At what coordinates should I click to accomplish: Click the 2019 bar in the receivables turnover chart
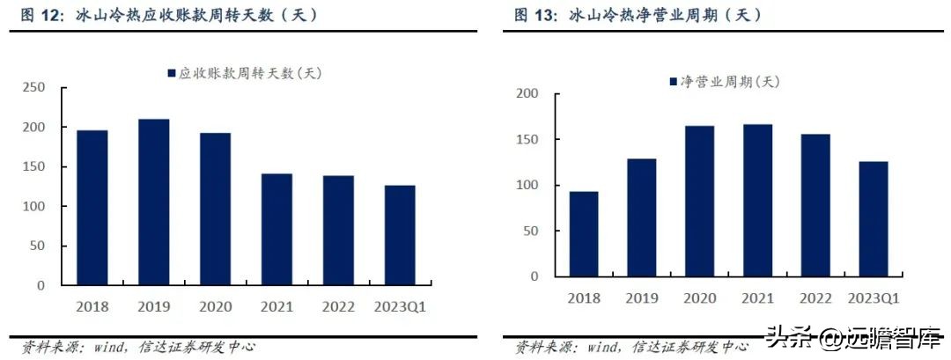coord(153,202)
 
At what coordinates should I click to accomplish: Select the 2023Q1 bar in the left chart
coord(399,235)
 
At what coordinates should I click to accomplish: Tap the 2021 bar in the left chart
coord(276,230)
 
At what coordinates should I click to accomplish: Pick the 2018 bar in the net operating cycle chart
coord(584,234)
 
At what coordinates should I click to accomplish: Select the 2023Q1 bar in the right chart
coord(874,219)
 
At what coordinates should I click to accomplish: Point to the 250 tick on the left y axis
coord(34,87)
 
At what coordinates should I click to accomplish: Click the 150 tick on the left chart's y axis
coord(34,166)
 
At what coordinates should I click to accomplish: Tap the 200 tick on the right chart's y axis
coord(527,93)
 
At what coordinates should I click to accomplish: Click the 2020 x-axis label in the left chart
coord(215,306)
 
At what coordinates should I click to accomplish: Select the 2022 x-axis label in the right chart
coord(815,298)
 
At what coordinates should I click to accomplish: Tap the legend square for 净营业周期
coord(673,81)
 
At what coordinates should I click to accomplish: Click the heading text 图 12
coord(39,15)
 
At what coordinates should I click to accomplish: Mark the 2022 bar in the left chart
coord(337,231)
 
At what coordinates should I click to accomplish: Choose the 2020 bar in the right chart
coord(700,202)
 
